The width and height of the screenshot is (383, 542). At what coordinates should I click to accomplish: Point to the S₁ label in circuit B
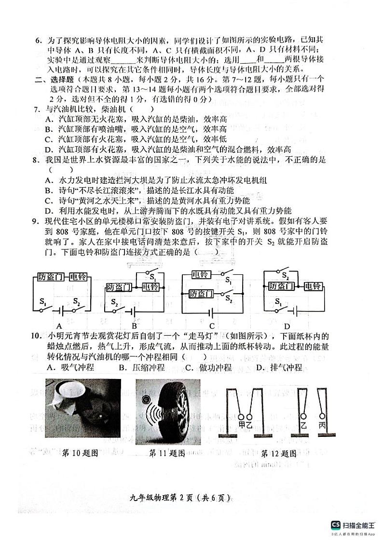click(x=152, y=277)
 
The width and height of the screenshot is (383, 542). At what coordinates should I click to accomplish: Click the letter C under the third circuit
click(x=212, y=325)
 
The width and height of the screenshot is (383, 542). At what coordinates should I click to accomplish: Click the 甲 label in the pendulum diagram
click(x=242, y=425)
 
